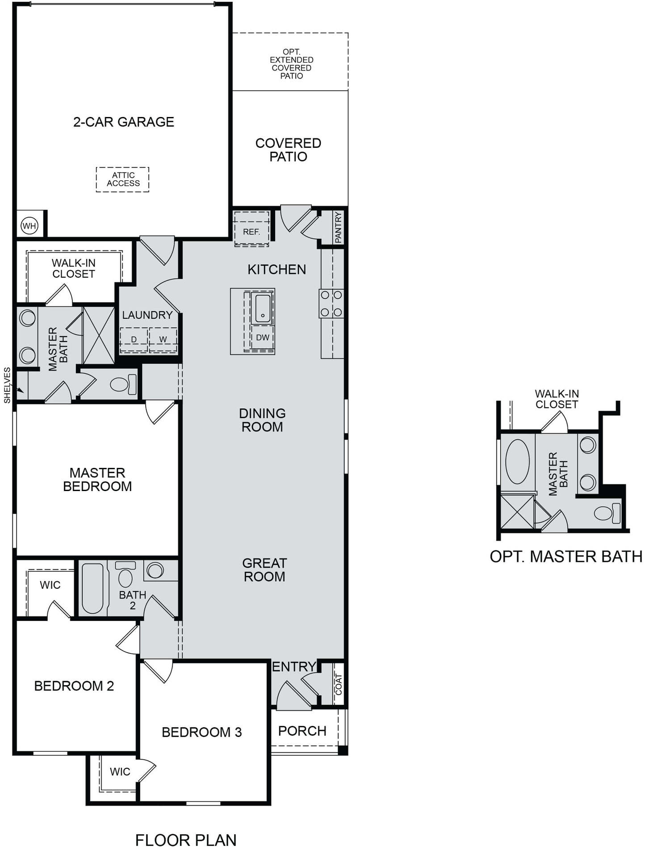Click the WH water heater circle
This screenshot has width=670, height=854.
coord(29,226)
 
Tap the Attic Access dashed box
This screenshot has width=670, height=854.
coord(122,179)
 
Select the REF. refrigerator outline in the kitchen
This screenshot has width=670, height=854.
coord(251,228)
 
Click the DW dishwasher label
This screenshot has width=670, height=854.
coord(263,337)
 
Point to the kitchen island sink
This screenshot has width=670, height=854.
coord(263,308)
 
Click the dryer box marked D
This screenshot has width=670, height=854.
coord(134,339)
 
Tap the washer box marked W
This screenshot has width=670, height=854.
coord(163,339)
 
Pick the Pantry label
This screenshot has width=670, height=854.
coord(338,228)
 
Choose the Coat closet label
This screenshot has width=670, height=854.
coord(339,684)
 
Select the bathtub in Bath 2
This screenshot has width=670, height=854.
coord(93,588)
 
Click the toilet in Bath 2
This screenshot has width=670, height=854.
coord(126,574)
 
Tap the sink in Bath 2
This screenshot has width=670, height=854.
coord(155,571)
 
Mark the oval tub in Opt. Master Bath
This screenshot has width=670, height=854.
coord(517,462)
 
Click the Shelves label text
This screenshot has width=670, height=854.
coord(7,385)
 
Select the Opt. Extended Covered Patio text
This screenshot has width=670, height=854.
coord(291,64)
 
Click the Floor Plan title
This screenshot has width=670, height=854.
coord(186,840)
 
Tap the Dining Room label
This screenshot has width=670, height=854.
coord(262,420)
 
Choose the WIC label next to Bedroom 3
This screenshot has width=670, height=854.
coord(120,771)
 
